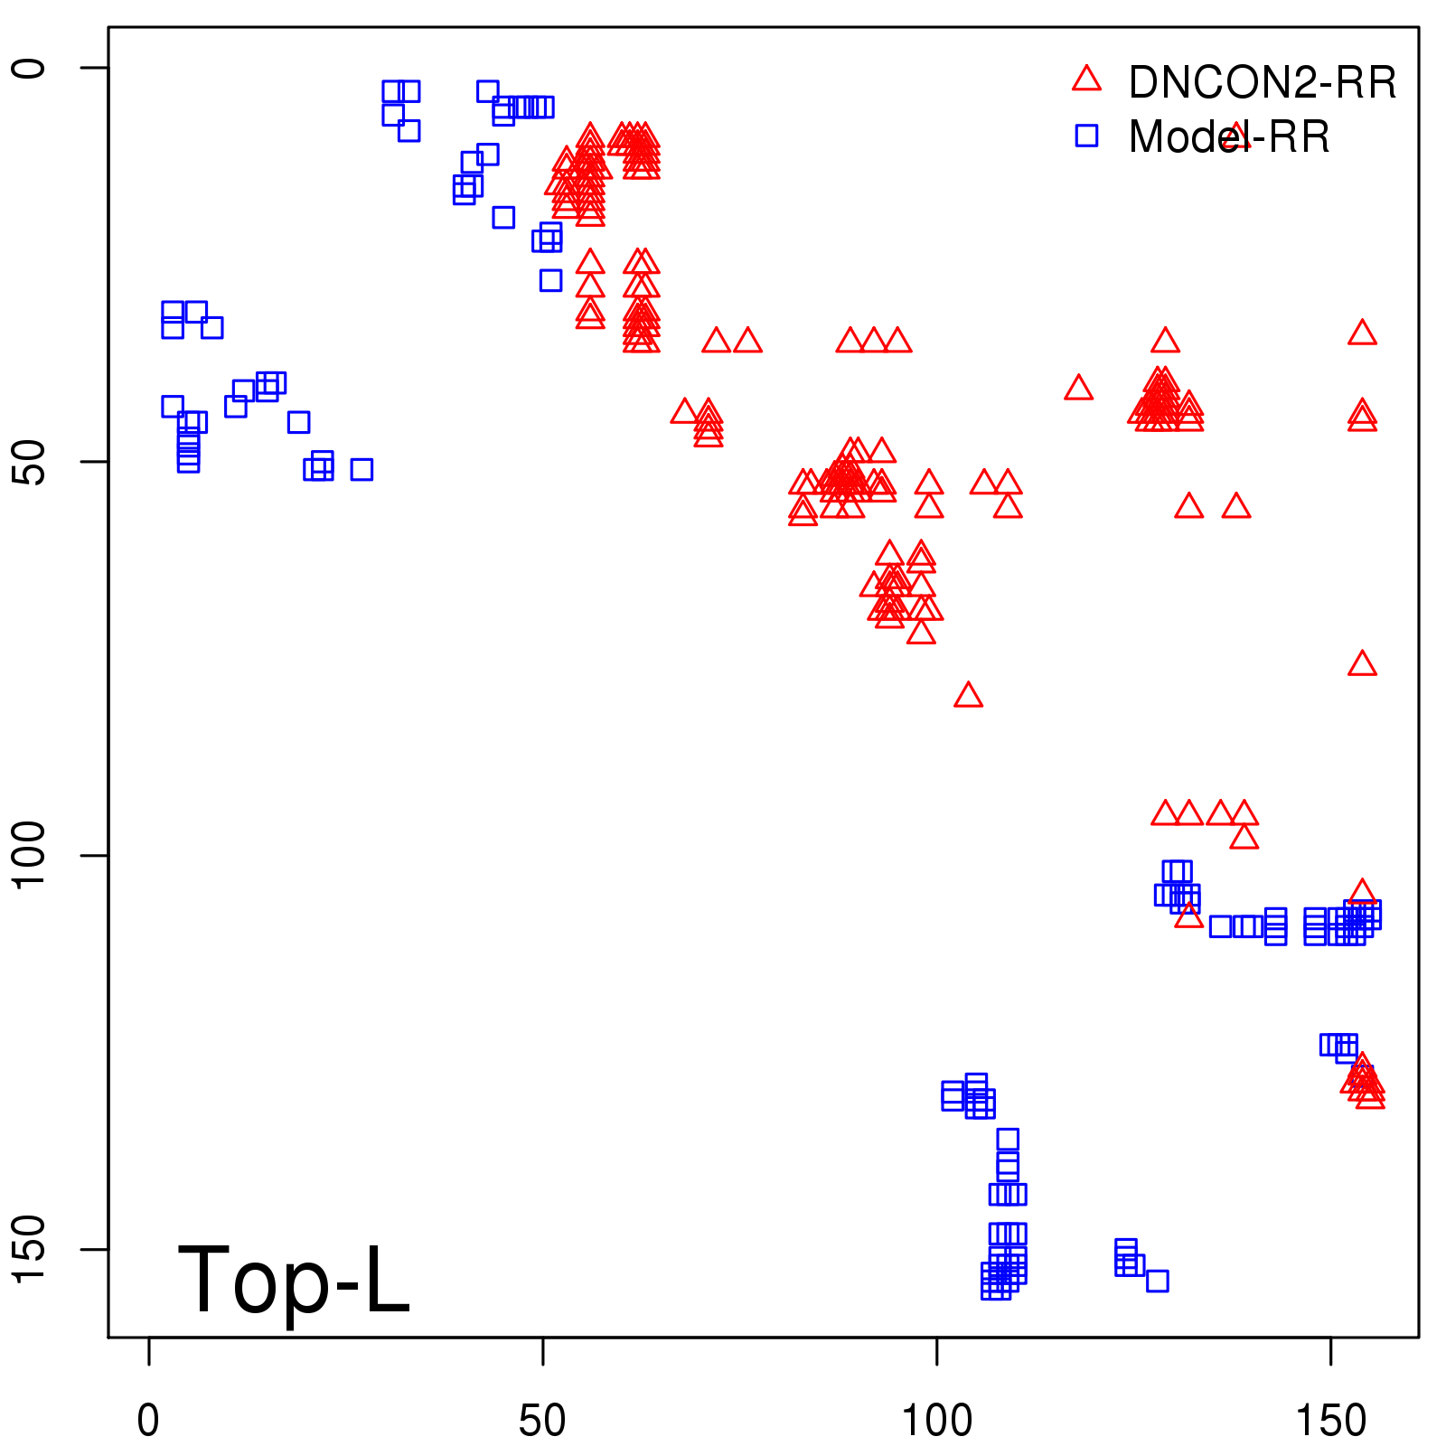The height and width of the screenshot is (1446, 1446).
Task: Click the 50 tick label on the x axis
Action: (542, 1421)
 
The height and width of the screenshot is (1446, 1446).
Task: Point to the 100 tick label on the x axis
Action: (937, 1421)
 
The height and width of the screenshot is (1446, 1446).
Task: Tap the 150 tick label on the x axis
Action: (1330, 1421)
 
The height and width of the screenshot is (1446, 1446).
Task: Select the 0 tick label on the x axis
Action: (148, 1421)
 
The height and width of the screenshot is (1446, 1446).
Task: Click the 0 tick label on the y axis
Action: (29, 68)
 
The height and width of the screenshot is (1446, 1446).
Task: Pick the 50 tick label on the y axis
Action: (29, 462)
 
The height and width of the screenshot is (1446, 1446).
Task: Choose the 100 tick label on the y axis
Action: (29, 855)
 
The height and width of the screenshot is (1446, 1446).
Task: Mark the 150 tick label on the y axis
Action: (29, 1249)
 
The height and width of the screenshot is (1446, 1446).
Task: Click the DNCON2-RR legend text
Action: (1263, 83)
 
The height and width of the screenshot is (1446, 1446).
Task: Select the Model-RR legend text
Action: (1229, 137)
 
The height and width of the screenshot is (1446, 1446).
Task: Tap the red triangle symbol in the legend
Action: (1086, 80)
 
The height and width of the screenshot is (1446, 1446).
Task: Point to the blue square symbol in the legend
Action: (1086, 136)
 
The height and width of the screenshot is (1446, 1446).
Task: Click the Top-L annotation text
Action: (294, 1280)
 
